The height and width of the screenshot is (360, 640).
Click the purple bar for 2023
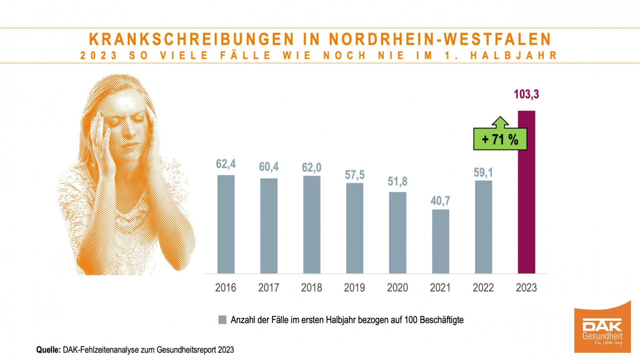[526, 192]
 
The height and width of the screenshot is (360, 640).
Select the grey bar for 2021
[440, 242]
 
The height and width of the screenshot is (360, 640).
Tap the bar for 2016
[226, 224]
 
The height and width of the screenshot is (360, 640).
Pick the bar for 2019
[355, 228]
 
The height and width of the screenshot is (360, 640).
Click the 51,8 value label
[398, 181]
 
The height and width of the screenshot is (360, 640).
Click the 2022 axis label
[483, 288]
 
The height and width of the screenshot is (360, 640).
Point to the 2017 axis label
[269, 288]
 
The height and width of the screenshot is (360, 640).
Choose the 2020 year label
[398, 288]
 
